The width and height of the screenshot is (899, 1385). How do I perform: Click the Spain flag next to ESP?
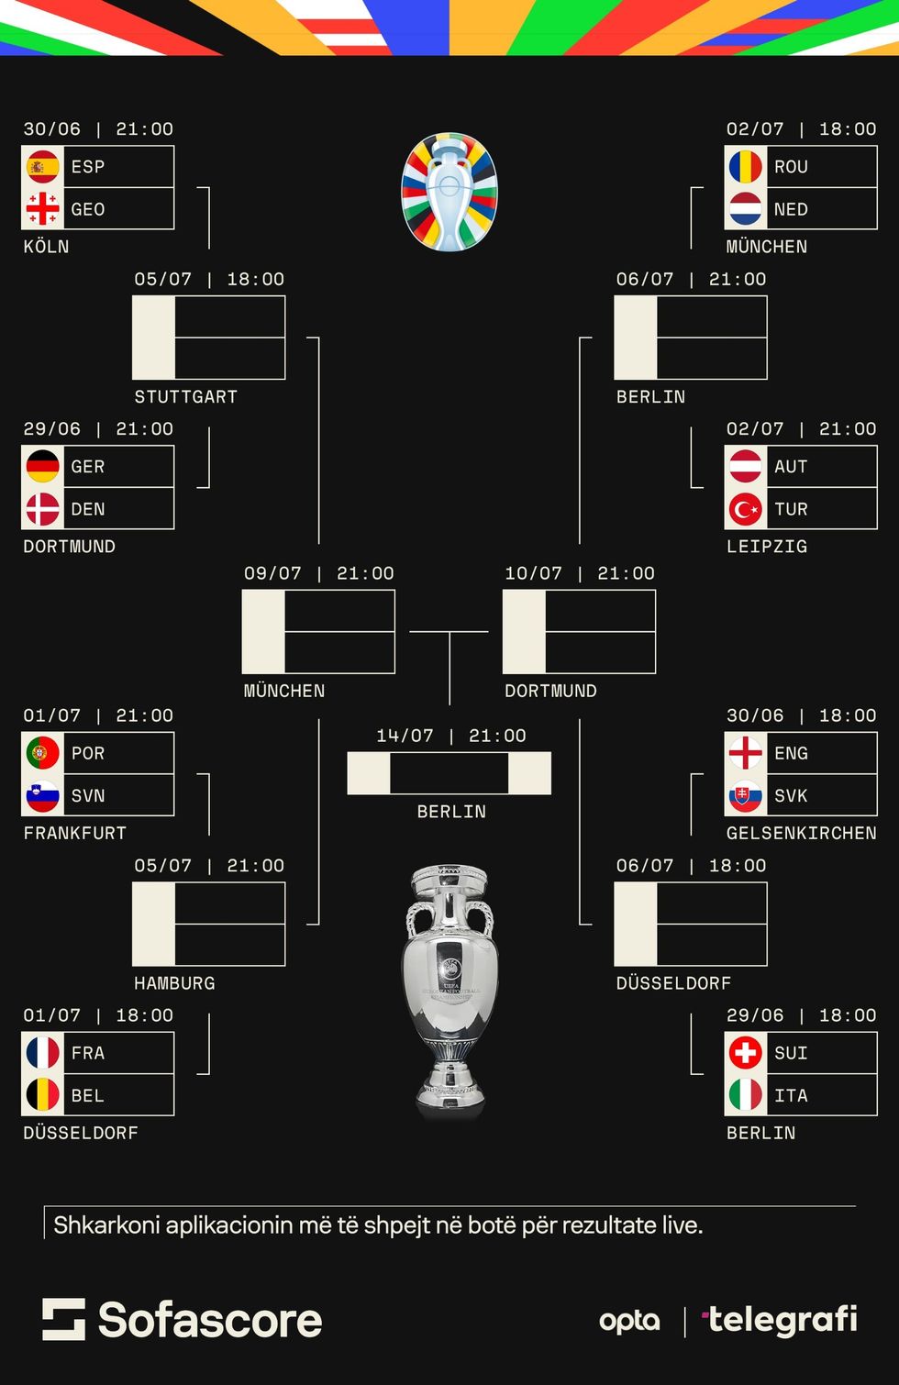[42, 167]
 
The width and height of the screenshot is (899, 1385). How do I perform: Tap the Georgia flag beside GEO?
[42, 209]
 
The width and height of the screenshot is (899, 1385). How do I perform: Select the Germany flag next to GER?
[42, 466]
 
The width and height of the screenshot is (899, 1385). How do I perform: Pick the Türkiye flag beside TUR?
[745, 509]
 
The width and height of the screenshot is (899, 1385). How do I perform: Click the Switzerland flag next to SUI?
[745, 1052]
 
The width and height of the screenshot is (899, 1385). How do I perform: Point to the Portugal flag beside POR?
[42, 753]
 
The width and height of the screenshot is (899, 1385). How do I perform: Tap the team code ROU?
[791, 167]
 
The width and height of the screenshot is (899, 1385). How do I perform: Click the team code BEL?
[88, 1095]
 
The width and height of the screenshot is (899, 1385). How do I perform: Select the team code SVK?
[791, 795]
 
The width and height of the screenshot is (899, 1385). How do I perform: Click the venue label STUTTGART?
[185, 397]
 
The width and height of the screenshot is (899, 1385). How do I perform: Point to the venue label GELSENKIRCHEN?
[801, 833]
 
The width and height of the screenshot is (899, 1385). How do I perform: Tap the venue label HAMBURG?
[174, 983]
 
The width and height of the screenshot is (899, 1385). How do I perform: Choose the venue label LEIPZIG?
[767, 547]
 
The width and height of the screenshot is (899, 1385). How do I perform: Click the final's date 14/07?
[405, 736]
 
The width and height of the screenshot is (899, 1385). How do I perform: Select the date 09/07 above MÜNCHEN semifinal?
[272, 573]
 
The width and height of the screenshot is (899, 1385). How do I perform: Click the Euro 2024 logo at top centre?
[449, 193]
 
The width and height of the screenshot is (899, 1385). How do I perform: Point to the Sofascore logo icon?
[63, 1319]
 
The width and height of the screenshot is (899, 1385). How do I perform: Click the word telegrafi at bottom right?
[782, 1320]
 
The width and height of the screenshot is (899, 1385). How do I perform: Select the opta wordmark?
[629, 1321]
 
